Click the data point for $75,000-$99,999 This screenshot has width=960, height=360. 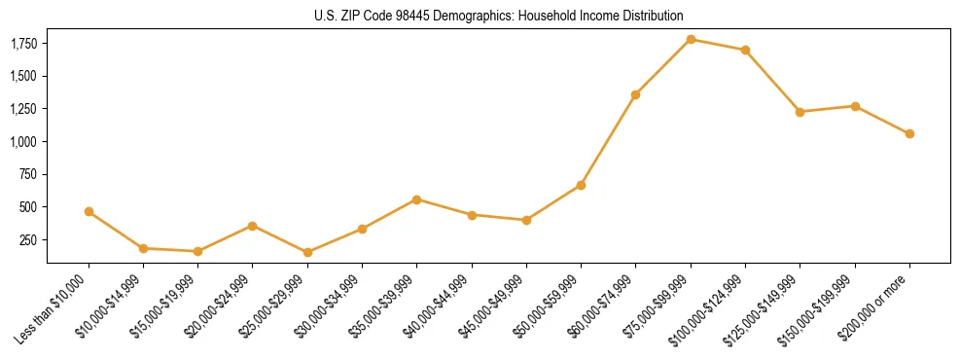691,40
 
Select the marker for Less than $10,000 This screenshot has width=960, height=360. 89,211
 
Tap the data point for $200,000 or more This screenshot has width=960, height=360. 909,133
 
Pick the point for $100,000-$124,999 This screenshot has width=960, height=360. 745,50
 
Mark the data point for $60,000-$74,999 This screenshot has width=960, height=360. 635,94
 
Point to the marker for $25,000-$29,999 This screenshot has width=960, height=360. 307,252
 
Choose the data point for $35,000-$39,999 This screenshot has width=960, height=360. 416,199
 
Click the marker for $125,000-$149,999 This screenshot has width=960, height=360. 800,112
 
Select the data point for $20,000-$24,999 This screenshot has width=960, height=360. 253,226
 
